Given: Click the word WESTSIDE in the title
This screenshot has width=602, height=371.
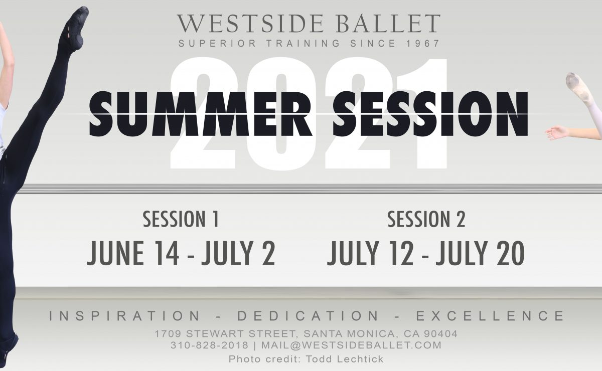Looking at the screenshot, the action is click(x=250, y=24).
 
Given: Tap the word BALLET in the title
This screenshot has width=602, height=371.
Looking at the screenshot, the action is click(x=388, y=24).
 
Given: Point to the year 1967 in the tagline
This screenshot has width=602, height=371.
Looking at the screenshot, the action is click(x=422, y=44).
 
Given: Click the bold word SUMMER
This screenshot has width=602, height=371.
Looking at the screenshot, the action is click(x=200, y=114).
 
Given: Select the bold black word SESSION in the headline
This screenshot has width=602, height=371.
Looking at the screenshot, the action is click(x=430, y=114).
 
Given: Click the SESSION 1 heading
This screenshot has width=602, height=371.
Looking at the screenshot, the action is click(x=181, y=220).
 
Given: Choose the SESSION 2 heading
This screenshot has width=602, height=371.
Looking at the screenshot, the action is click(x=426, y=220).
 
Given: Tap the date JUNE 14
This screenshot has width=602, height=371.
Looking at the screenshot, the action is click(x=133, y=253).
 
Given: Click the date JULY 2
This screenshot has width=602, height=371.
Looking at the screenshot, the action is click(x=238, y=253).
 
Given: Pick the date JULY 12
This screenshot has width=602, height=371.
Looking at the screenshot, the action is click(x=370, y=253).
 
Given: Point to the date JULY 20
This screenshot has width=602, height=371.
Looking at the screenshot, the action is click(x=480, y=253).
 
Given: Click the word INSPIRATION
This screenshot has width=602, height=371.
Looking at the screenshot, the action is click(x=125, y=316).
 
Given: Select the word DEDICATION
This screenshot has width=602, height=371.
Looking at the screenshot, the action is click(x=308, y=316).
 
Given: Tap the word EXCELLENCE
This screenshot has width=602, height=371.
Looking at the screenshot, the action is click(x=491, y=316).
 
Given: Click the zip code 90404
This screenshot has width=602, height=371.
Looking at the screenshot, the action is click(x=441, y=334).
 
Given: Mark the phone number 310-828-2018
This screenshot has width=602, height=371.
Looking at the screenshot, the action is click(x=210, y=345).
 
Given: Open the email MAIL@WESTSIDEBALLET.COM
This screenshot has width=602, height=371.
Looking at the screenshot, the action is click(x=352, y=345).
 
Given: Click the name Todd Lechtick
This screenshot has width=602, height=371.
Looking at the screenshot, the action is click(x=345, y=359).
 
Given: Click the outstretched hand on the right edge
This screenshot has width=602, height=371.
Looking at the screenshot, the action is click(x=557, y=133).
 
